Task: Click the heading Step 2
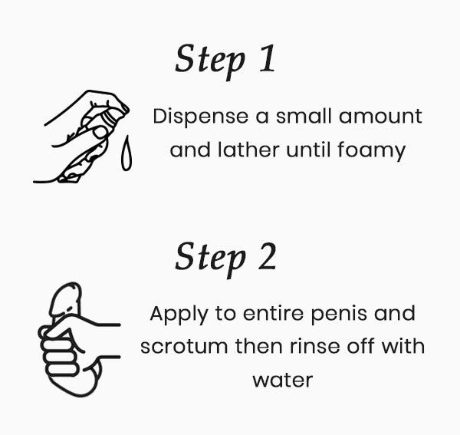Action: coord(225,259)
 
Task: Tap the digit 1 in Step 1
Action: coord(268,58)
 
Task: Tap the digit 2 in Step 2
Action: coord(268,255)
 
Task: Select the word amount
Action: coord(380,117)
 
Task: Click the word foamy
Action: coord(371,151)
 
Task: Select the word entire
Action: coord(273,314)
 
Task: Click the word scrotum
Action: coord(184,347)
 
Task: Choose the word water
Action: coord(283,381)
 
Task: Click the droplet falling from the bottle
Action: coord(127,153)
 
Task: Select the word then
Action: coord(259,346)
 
